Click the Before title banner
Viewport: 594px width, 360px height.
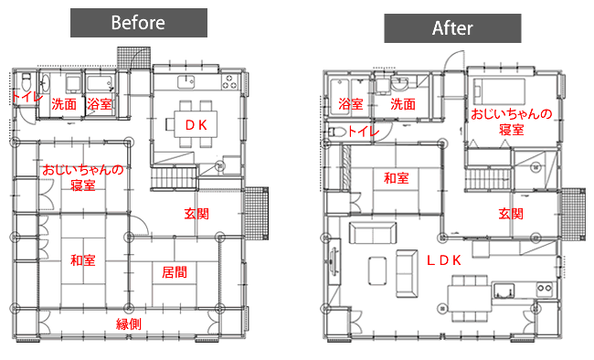pos(139,23)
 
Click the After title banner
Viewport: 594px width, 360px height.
pos(452,28)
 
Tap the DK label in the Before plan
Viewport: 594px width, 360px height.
pos(196,125)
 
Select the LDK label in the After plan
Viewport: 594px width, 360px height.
pos(444,260)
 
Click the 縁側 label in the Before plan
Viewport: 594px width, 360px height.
pos(129,324)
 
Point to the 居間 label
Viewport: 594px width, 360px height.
pos(175,271)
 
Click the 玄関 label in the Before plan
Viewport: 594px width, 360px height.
pos(196,213)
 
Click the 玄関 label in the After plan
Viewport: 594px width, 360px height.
pos(511,213)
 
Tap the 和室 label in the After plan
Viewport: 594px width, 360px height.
pos(397,178)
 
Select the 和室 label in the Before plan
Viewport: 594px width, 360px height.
pos(82,260)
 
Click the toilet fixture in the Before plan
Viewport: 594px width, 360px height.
pos(27,80)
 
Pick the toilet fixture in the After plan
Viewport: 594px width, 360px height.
pos(337,132)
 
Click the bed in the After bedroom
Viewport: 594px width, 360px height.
pos(499,91)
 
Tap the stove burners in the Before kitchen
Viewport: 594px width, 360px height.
pos(228,81)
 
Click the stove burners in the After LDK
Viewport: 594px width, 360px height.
pos(545,289)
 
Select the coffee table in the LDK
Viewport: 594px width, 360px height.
pos(377,270)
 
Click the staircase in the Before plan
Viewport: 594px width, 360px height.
pos(174,177)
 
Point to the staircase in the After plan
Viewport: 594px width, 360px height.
pos(488,179)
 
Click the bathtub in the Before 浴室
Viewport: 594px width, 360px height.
pos(101,84)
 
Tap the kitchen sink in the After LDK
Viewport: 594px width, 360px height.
pos(504,291)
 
